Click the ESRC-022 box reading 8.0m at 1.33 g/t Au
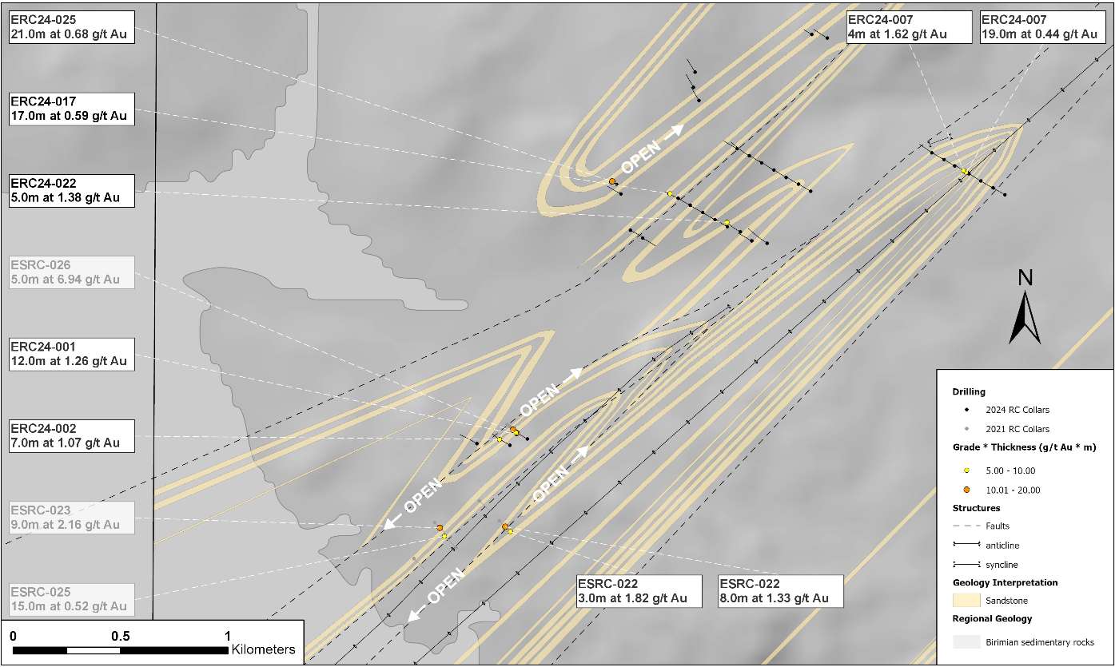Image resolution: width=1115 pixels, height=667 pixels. [780, 591]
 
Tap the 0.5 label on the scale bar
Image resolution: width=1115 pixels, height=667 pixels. [121, 636]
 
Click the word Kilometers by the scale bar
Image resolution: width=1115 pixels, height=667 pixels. [264, 649]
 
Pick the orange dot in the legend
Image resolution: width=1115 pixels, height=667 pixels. [966, 490]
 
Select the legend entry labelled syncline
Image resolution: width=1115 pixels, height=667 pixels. [1007, 565]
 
